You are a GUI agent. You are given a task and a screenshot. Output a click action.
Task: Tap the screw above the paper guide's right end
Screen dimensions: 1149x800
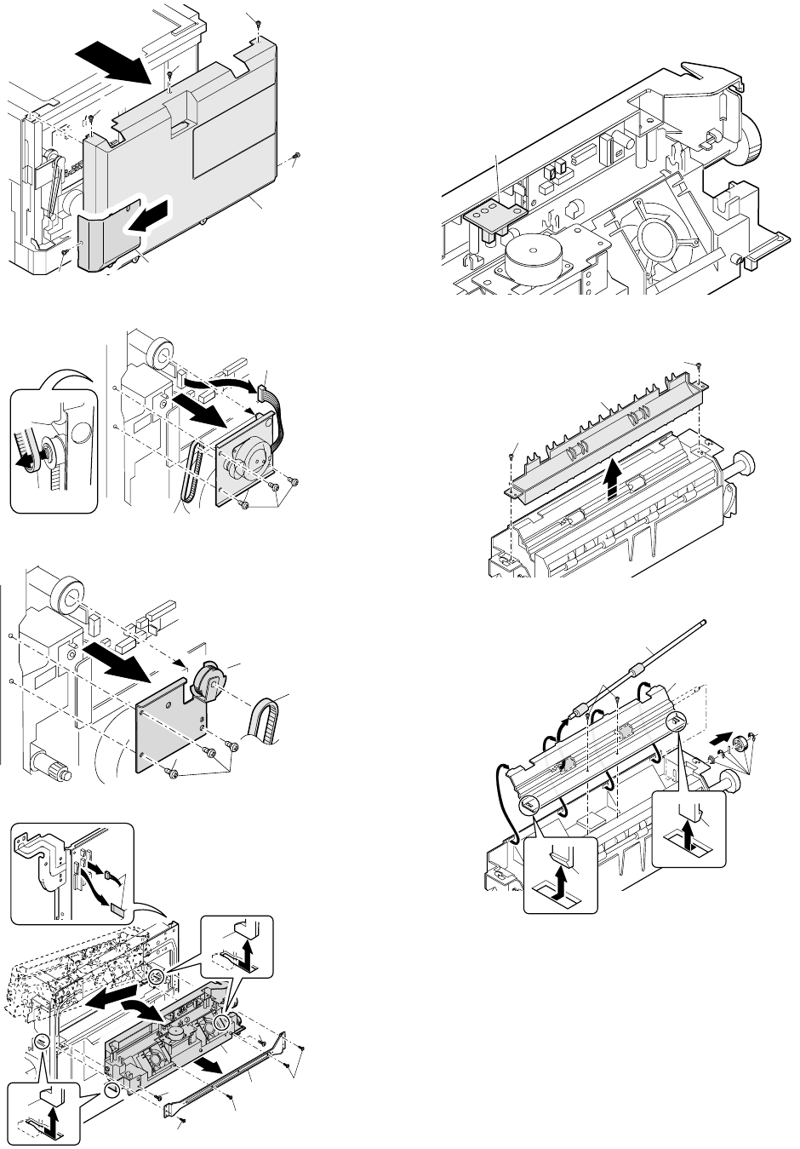click(699, 365)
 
